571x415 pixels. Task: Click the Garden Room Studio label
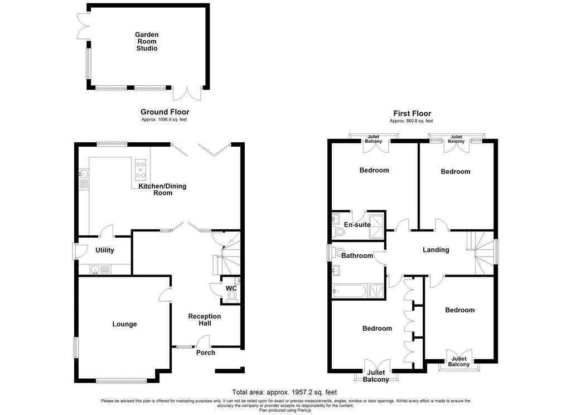click(x=147, y=41)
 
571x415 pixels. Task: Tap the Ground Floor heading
click(x=165, y=112)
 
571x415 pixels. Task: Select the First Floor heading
click(x=412, y=113)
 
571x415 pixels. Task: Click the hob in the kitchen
click(x=140, y=170)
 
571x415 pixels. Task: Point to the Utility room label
click(x=105, y=250)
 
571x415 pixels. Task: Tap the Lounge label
click(x=124, y=324)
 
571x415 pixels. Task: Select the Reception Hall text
click(x=205, y=320)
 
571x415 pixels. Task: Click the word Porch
click(x=206, y=353)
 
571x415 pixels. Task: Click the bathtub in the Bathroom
click(x=349, y=291)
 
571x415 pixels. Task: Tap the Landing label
click(x=436, y=249)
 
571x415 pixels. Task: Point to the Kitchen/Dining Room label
click(x=162, y=190)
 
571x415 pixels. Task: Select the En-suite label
click(x=357, y=225)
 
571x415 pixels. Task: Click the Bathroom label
click(x=357, y=256)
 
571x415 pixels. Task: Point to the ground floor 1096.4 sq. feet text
click(x=164, y=119)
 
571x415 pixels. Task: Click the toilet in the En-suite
click(x=338, y=231)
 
